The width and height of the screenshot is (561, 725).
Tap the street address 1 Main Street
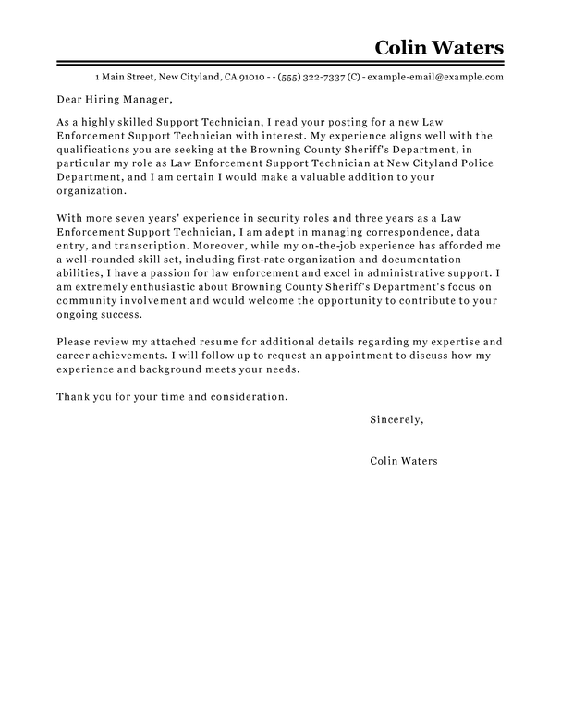point(124,77)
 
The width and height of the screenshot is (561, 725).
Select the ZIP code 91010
point(253,77)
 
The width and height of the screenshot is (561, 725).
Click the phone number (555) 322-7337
point(317,77)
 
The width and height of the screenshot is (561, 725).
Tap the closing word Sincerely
point(396,419)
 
